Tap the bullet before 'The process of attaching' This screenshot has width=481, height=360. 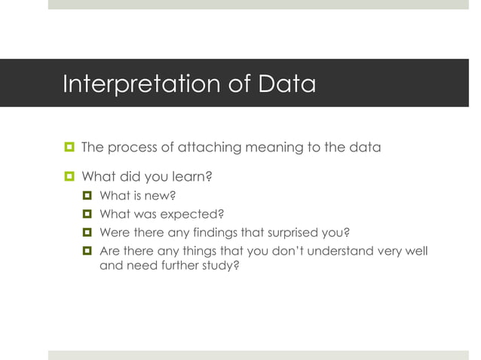[x=69, y=147]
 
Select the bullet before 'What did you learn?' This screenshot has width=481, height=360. [x=69, y=178]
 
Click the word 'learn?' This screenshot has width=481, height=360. [x=191, y=178]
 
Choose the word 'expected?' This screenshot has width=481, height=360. [x=195, y=215]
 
